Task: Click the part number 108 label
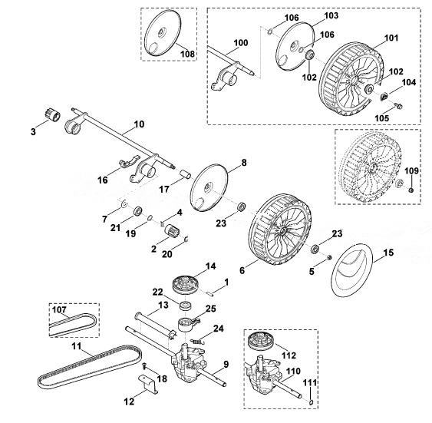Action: (187, 54)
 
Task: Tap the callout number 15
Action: (388, 253)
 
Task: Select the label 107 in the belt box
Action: (60, 309)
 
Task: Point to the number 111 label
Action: (310, 383)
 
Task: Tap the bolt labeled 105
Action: (397, 104)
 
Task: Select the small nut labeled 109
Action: (411, 190)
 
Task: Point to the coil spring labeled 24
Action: (198, 342)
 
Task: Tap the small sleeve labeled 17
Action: (185, 175)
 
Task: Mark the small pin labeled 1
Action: (211, 293)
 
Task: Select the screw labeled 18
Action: (144, 365)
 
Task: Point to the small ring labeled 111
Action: (311, 402)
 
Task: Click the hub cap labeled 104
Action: (384, 97)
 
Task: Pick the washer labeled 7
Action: (124, 204)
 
